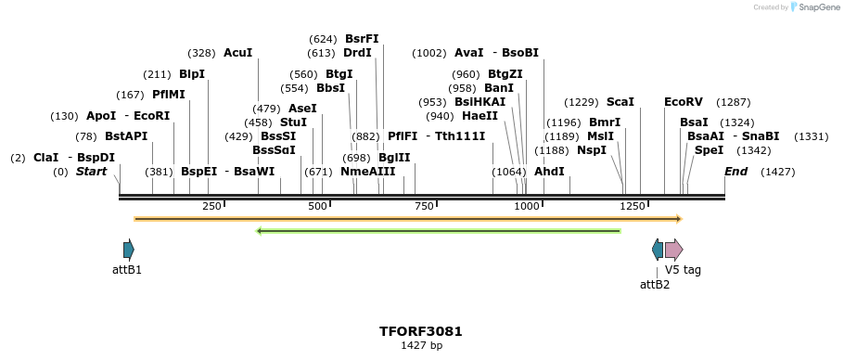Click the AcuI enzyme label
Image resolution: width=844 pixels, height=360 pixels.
[x=237, y=53]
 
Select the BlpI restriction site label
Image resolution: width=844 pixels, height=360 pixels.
[x=192, y=74]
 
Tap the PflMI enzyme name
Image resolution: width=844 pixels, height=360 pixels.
[x=169, y=95]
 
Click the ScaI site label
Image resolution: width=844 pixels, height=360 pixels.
[x=620, y=102]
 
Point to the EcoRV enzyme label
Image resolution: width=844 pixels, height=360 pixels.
[x=684, y=102]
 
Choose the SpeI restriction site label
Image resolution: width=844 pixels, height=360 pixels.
[x=709, y=150]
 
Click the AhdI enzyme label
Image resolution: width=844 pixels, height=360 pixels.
[x=549, y=172]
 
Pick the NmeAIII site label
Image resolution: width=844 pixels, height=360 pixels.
[x=368, y=172]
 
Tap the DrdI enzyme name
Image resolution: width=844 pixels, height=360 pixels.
[x=357, y=53]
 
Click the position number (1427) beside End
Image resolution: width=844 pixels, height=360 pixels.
[x=777, y=172]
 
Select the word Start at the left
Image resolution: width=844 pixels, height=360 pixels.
[x=92, y=172]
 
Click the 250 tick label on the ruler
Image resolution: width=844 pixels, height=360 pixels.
[x=211, y=206]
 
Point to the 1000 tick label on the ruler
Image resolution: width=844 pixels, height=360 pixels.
[x=526, y=206]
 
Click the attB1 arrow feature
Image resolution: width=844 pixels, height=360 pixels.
[x=128, y=249]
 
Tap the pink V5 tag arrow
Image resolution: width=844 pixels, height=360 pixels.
[x=673, y=249]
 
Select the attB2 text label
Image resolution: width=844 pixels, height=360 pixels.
[x=655, y=284]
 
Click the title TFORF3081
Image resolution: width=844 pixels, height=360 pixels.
[x=421, y=331]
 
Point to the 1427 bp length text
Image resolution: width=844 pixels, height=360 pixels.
[x=421, y=346]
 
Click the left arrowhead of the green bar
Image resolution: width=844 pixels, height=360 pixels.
[x=260, y=231]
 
